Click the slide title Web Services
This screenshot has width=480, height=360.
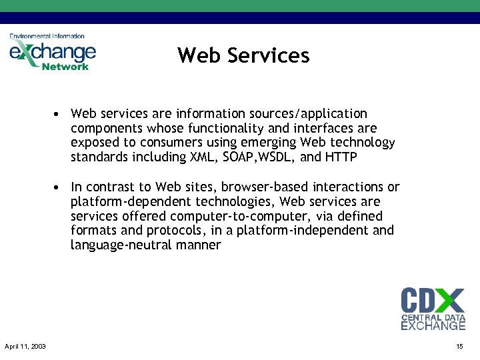pos(243,55)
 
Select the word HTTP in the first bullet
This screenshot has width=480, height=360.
pos(341,157)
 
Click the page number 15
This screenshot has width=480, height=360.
pos(459,347)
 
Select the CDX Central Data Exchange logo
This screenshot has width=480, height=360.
pos(433,308)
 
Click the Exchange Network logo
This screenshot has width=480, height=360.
pos(52,51)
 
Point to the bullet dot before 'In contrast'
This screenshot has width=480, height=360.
pos(59,187)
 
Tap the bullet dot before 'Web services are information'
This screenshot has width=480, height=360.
pos(59,114)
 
